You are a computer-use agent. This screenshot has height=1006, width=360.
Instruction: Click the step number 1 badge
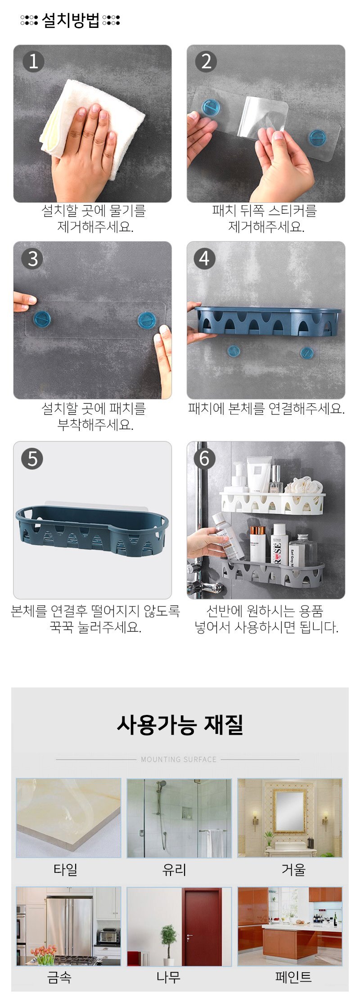pos(33,61)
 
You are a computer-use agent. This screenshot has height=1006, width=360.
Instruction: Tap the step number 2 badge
pos(206,61)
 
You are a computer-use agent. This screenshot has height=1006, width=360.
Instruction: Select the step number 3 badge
pos(32,259)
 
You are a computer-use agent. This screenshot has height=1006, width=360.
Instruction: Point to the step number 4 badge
pos(204,259)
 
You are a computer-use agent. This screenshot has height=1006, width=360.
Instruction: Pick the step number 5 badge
pos(32,459)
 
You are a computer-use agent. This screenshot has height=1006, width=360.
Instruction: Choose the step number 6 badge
pos(204,459)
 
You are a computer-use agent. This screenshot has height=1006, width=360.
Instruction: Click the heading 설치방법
pos(71,20)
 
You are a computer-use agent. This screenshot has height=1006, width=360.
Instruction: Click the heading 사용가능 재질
pos(180,725)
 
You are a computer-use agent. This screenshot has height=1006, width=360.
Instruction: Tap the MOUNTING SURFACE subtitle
pos(179,759)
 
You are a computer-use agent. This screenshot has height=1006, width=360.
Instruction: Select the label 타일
pos(66,869)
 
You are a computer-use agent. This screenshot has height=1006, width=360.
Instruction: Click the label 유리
pos(174,869)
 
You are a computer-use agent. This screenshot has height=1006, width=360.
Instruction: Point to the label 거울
pos(293,869)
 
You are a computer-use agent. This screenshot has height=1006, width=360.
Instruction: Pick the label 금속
pos(59,977)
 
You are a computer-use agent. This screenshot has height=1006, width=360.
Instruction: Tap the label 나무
pos(168,977)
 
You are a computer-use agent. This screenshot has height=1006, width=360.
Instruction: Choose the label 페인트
pos(293,977)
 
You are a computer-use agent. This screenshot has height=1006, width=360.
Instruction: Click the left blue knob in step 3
pos(42,319)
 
